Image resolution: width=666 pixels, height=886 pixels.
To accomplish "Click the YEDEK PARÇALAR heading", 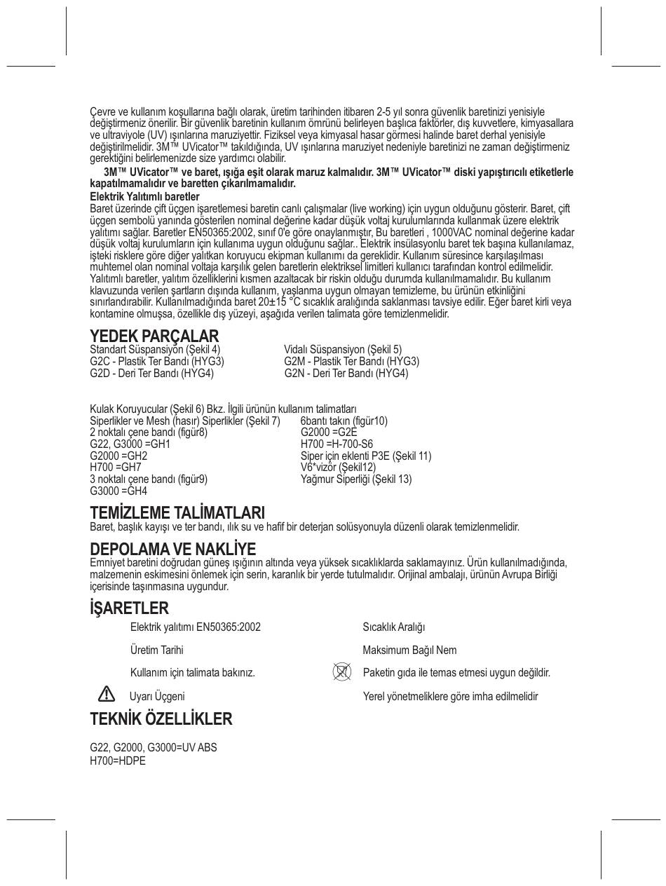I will tap(154, 336).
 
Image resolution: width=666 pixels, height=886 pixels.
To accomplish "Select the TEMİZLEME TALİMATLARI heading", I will tap(177, 513).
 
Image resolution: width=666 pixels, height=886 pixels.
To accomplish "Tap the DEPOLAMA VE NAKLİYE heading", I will tap(172, 549).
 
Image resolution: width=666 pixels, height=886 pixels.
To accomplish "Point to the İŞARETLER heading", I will tap(129, 608).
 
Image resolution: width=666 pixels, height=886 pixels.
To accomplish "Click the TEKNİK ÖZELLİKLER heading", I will tap(161, 719).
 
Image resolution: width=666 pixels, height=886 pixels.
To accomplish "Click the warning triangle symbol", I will tap(106, 694).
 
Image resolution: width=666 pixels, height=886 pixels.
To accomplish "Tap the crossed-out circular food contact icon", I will tap(341, 672).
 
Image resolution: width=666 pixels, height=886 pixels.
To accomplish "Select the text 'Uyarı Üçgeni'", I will tap(157, 696).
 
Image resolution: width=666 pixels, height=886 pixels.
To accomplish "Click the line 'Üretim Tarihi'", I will tap(156, 650).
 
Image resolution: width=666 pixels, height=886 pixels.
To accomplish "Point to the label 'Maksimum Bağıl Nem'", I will tap(409, 650).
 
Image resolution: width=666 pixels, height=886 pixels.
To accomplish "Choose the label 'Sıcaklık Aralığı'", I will tap(393, 627).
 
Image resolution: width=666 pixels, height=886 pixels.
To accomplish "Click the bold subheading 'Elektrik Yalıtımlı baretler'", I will tap(144, 196).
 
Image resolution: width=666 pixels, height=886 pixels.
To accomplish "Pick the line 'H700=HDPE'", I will tap(118, 761).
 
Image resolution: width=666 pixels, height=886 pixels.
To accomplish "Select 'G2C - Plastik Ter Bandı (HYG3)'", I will tap(157, 361).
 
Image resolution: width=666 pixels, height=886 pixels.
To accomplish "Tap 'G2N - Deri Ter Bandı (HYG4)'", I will tap(346, 373).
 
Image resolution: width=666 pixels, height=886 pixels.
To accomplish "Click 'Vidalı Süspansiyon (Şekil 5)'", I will tap(343, 349).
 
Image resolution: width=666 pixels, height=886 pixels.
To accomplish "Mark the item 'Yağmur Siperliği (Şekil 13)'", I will tap(356, 479).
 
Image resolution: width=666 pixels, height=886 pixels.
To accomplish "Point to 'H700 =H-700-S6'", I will tap(337, 444).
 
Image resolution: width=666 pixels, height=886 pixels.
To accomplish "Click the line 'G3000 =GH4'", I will tap(118, 491).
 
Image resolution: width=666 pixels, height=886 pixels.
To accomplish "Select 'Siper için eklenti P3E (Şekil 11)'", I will tap(366, 456).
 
